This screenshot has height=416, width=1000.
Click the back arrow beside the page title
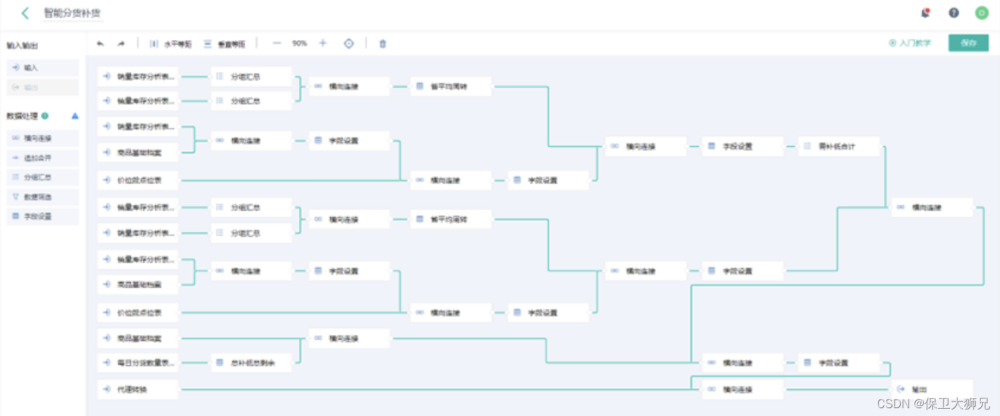(25, 13)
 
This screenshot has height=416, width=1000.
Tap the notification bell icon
(926, 13)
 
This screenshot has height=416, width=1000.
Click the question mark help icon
(953, 13)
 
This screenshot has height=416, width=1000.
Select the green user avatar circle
(982, 13)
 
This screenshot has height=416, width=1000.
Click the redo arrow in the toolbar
(121, 44)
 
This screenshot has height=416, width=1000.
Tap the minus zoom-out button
(277, 43)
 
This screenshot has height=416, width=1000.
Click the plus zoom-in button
(323, 43)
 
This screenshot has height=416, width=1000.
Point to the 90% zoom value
(300, 43)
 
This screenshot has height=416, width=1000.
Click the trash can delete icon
(383, 44)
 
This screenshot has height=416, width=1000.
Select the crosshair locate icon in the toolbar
(349, 43)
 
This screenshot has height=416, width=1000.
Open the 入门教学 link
(911, 43)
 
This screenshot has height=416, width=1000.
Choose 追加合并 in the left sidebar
(42, 158)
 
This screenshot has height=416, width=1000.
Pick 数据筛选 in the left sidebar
(42, 197)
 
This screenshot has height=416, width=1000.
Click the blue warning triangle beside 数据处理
(75, 116)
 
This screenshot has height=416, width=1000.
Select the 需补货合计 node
(839, 147)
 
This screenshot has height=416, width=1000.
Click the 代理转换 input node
(137, 390)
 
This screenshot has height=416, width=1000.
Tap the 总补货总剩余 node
(251, 363)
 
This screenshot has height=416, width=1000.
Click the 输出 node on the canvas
(932, 390)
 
